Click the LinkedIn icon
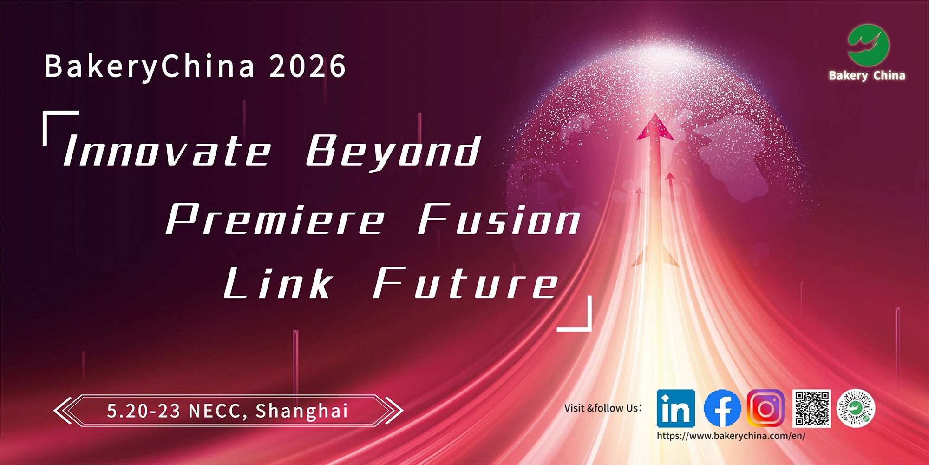click(675, 408)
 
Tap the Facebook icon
click(722, 408)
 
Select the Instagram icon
click(765, 408)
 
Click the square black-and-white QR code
click(811, 408)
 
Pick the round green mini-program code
click(856, 408)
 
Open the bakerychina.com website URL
click(731, 436)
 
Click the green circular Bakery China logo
click(868, 46)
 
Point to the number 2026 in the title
click(307, 66)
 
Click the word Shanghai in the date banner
click(301, 411)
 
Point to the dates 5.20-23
click(143, 411)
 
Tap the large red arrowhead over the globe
click(655, 128)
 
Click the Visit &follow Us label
click(602, 408)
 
